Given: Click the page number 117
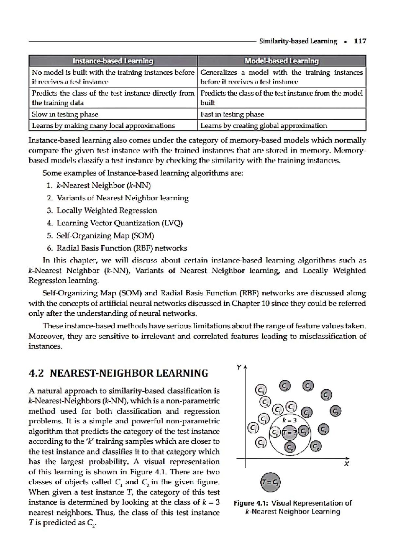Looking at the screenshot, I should tap(360, 41).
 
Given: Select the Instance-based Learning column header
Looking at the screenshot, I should tap(113, 61).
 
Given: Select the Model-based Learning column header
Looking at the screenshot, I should tap(282, 61).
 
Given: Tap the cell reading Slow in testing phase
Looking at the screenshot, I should tap(65, 114).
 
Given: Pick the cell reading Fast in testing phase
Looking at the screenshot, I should tap(232, 114).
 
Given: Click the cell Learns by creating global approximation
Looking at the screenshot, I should tap(264, 126).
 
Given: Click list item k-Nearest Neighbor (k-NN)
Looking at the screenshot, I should tap(103, 186).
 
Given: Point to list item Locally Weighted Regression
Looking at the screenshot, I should tap(107, 211).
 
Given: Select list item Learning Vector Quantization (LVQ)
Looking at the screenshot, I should tap(120, 223).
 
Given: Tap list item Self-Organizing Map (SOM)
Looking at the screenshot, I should tap(105, 236).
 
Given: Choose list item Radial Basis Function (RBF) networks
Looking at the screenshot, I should tap(122, 248).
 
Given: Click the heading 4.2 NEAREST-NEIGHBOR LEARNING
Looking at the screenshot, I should tap(119, 373).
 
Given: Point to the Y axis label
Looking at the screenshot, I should tap(239, 367).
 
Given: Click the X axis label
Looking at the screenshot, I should tap(346, 464).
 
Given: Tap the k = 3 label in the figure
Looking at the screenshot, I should tap(290, 420).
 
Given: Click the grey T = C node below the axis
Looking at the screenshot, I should tap(271, 482).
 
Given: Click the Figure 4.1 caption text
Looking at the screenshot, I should tap(293, 507).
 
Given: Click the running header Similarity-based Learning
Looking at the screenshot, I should tap(298, 41).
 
